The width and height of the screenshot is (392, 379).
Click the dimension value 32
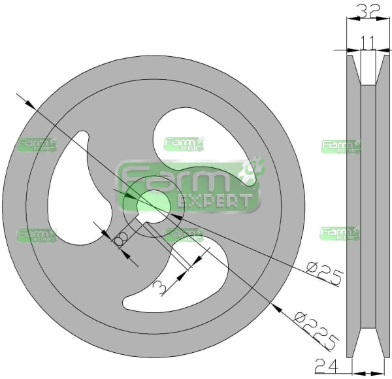(x=368, y=10)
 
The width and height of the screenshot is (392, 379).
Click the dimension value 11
(x=368, y=42)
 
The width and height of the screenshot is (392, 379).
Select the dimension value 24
(x=326, y=365)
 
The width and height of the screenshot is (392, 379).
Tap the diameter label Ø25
(x=325, y=274)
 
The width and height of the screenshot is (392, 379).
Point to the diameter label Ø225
(x=316, y=331)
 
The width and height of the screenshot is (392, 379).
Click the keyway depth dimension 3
(x=159, y=288)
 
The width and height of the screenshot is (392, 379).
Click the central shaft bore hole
(x=154, y=206)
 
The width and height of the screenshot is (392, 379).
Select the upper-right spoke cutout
(x=204, y=145)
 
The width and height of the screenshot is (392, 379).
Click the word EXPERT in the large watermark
(x=214, y=201)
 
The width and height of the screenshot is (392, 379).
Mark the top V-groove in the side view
(x=368, y=70)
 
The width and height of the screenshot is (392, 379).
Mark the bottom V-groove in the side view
(x=368, y=342)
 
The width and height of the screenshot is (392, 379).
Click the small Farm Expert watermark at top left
(x=37, y=144)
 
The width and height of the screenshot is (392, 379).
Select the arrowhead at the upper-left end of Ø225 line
(x=31, y=105)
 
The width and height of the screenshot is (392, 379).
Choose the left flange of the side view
(x=353, y=206)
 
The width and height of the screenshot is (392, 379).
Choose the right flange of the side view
(x=383, y=206)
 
